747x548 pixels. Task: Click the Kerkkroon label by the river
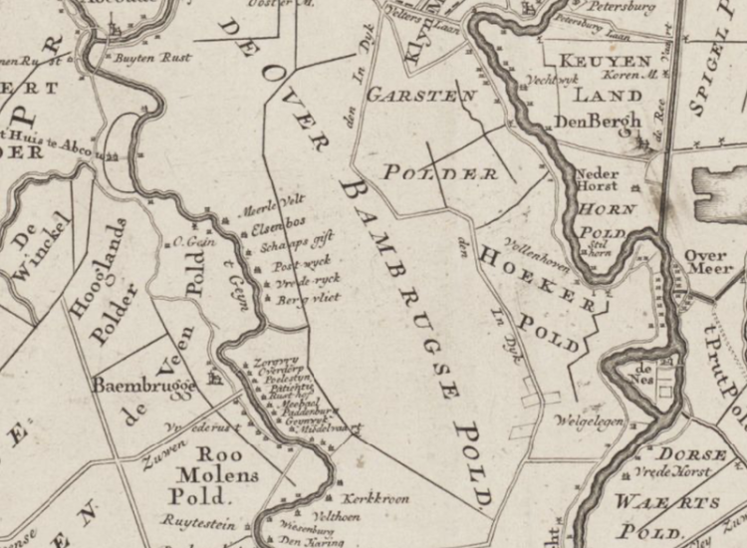(x=375, y=498)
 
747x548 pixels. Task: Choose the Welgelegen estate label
(x=590, y=421)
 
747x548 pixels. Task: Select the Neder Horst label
(x=598, y=178)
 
